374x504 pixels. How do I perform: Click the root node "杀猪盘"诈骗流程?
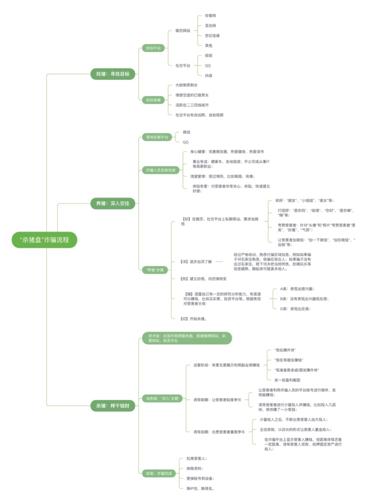(44, 240)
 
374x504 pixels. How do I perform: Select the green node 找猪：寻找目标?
(113, 74)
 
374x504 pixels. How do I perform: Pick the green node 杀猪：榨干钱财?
(113, 405)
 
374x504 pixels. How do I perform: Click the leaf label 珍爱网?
(211, 15)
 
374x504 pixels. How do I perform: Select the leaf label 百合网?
(211, 26)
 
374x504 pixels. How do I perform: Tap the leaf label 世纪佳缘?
(212, 36)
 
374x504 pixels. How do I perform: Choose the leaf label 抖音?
(209, 76)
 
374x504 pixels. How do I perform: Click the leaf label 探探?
(209, 55)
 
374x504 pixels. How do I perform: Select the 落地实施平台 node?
(156, 137)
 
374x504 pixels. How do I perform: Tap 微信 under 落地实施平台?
(187, 132)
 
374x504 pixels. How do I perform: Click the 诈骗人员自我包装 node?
(159, 170)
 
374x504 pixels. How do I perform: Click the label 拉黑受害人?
(196, 459)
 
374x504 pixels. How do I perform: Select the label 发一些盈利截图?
(287, 380)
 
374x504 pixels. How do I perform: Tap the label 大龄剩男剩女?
(186, 85)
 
